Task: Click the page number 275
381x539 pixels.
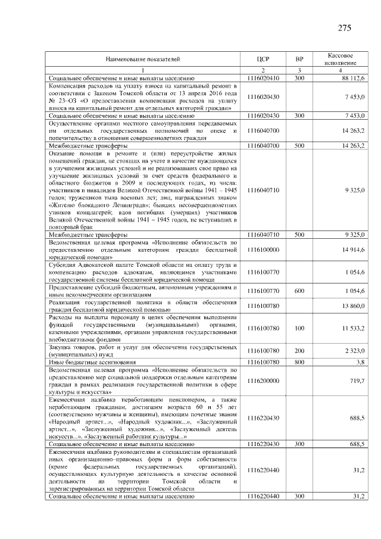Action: (345, 28)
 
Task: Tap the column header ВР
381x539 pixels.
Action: (299, 60)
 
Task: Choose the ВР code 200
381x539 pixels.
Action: (299, 351)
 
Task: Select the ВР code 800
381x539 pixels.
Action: (299, 362)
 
